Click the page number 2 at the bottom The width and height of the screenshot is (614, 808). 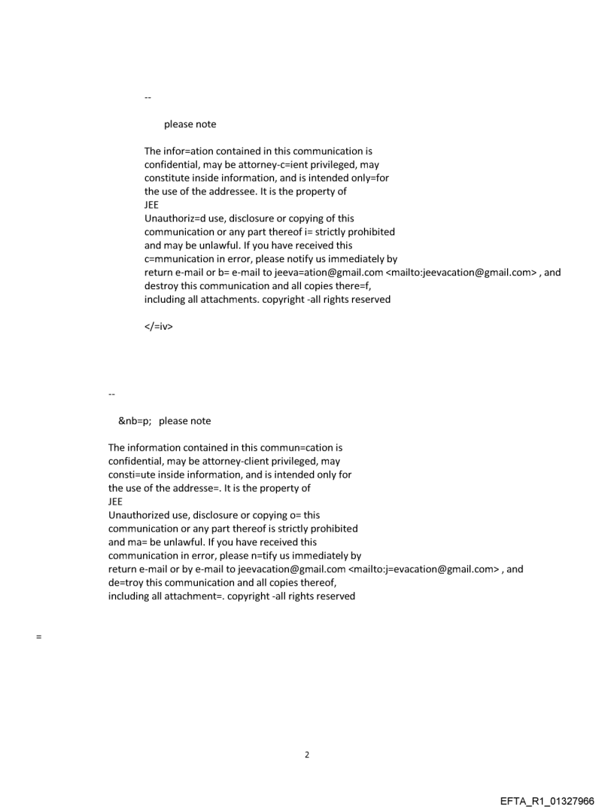[x=306, y=755]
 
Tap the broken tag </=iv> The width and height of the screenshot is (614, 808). [x=158, y=327]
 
